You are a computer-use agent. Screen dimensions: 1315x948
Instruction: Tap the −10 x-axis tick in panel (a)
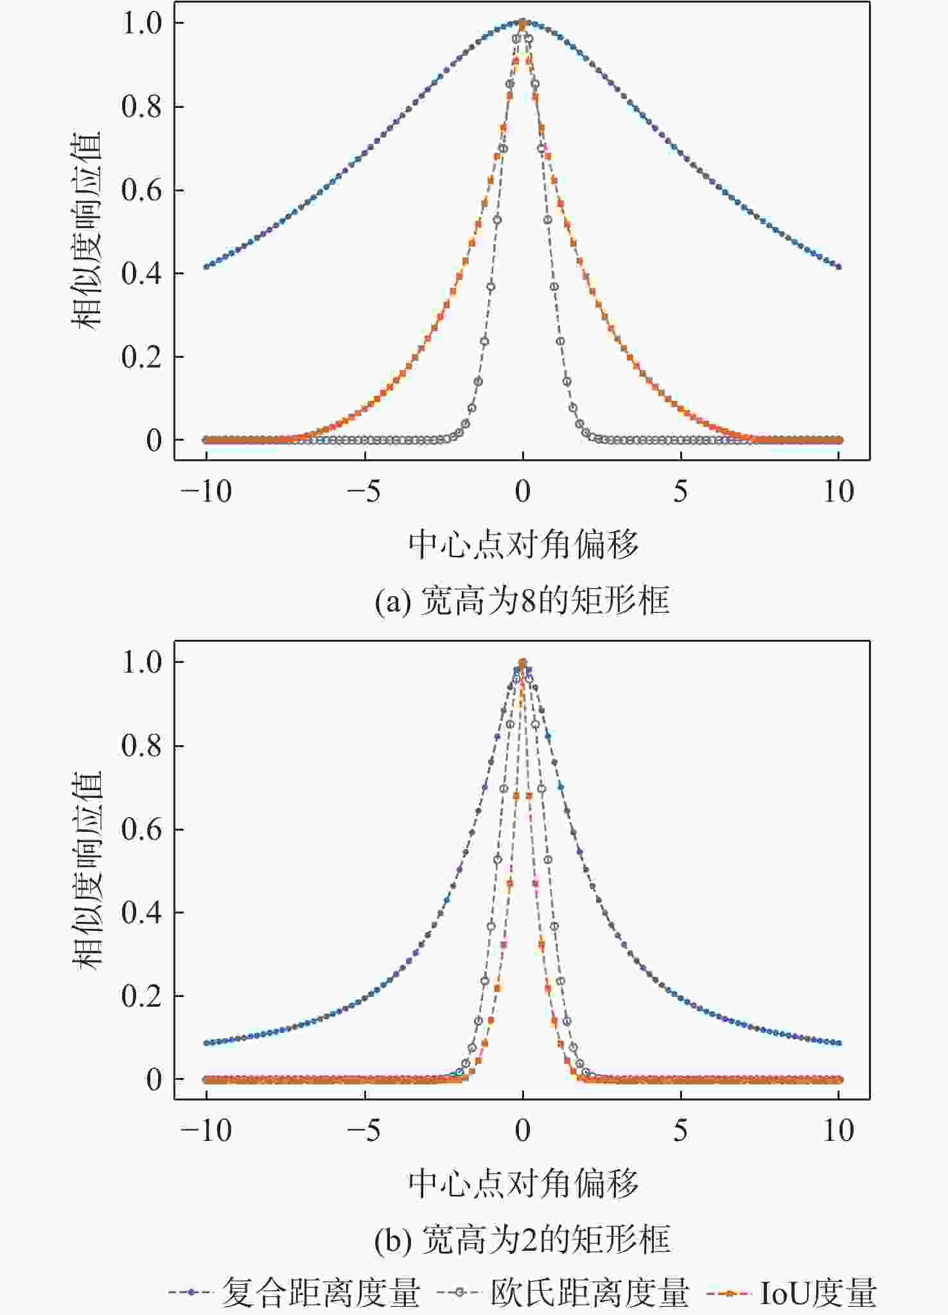coord(206,492)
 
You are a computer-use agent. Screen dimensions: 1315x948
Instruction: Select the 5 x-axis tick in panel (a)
coord(681,492)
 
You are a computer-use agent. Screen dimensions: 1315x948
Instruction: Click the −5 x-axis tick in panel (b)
coord(364,1131)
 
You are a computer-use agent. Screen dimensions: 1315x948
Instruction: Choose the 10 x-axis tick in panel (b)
coord(838,1131)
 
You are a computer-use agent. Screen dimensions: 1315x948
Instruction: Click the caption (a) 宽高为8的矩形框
coord(522,601)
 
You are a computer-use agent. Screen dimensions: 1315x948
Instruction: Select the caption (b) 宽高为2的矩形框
coord(522,1239)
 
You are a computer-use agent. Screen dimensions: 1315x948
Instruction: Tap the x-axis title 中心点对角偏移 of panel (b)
coord(523,1183)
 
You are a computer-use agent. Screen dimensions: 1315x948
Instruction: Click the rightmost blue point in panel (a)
coord(839,267)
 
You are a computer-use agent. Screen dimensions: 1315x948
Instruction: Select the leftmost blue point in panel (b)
coord(206,1043)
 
